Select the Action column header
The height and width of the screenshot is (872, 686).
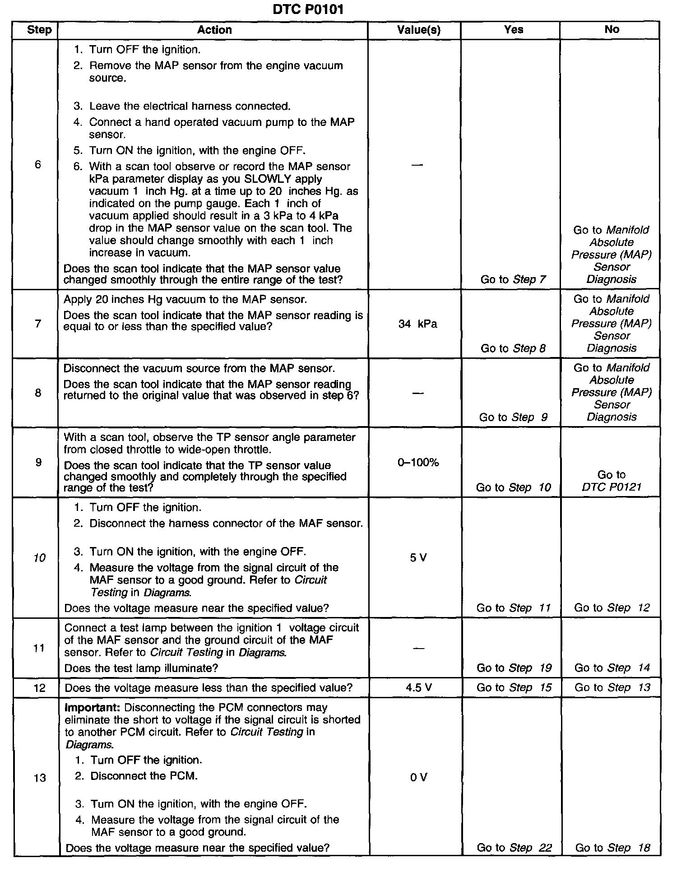214,30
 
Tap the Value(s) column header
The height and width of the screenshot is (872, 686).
418,30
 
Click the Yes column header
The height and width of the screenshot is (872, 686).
514,30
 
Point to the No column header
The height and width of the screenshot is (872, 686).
612,30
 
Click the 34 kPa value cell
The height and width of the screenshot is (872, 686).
417,324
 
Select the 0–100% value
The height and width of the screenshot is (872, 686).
418,462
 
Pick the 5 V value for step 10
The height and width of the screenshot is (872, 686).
418,558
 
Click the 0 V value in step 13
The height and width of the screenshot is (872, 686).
418,777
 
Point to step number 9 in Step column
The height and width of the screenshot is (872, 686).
38,462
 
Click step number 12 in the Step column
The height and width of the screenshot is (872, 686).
40,688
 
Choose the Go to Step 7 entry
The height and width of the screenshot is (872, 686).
513,279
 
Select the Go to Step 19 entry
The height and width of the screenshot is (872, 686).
514,668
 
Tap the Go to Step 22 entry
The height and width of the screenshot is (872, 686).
514,848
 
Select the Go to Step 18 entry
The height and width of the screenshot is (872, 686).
612,848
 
